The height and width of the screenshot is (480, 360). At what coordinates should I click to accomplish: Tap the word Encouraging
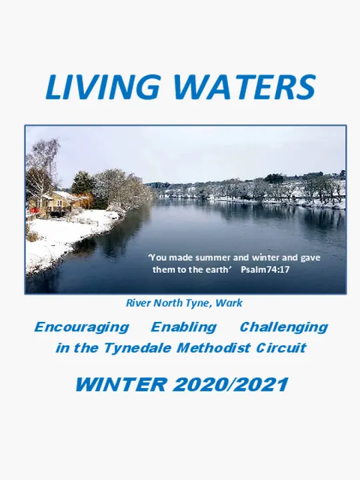(x=81, y=327)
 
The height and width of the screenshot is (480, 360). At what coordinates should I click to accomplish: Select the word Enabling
(x=183, y=327)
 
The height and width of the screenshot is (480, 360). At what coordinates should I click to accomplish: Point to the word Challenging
(x=283, y=327)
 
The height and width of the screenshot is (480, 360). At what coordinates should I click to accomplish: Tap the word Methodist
(x=205, y=348)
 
